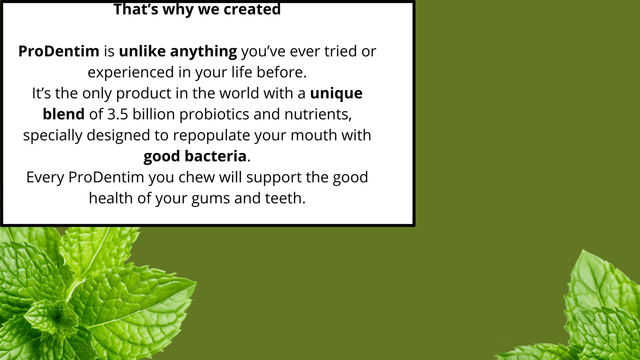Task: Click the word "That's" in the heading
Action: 136,9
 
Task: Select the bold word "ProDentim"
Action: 59,52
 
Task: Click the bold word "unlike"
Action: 142,52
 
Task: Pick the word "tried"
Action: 340,52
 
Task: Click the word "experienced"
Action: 131,73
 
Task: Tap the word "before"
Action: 280,72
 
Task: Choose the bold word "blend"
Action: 64,114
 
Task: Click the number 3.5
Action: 118,114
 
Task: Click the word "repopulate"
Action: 212,136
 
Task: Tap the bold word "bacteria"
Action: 215,156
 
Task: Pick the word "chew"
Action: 197,177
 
